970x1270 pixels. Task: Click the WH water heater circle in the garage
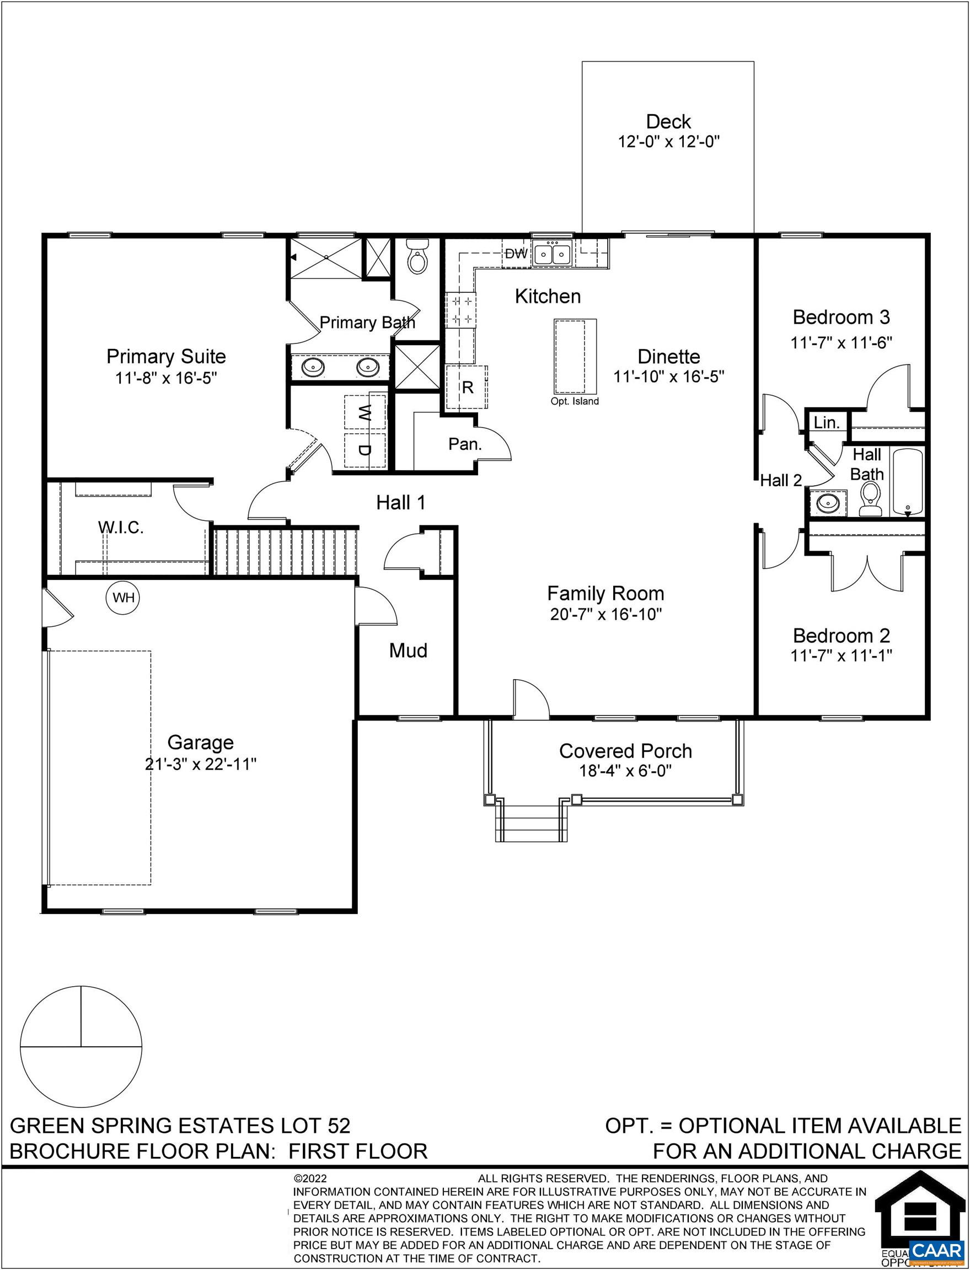click(x=124, y=598)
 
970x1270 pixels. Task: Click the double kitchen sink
click(x=553, y=254)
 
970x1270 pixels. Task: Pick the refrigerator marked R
click(x=467, y=387)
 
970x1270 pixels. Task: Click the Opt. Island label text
click(x=575, y=401)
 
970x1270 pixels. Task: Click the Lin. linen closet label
click(x=826, y=423)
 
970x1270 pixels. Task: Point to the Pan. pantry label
click(x=465, y=444)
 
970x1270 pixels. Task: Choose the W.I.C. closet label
click(x=121, y=528)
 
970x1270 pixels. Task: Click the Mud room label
click(x=408, y=651)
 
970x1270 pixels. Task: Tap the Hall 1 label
click(x=401, y=503)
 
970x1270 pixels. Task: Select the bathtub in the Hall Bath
click(x=908, y=482)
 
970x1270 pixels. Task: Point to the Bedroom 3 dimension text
click(x=842, y=343)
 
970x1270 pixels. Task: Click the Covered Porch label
click(x=625, y=751)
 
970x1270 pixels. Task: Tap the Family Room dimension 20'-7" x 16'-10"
click(x=605, y=615)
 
